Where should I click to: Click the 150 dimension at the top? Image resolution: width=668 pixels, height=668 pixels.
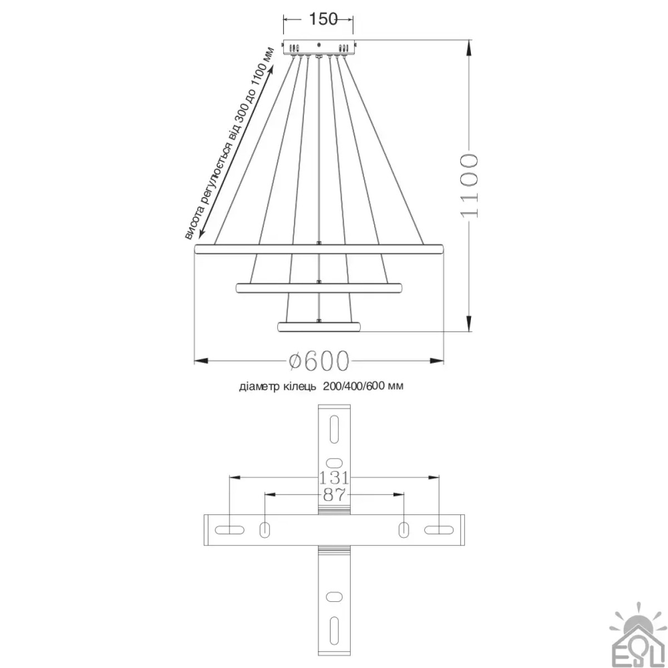(323, 19)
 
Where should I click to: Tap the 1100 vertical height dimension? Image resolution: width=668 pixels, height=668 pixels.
(469, 186)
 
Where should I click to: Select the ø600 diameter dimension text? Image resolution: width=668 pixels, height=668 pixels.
(318, 361)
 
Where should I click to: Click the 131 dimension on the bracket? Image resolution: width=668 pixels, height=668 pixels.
(333, 478)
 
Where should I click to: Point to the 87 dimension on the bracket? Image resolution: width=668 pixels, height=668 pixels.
(334, 494)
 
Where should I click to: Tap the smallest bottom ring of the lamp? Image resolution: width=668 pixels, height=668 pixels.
(318, 327)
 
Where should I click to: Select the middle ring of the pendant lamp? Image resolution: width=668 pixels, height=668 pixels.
(318, 288)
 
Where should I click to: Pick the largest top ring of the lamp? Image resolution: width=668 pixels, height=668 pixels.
(318, 249)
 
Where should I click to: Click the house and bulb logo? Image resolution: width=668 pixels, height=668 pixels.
(637, 637)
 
